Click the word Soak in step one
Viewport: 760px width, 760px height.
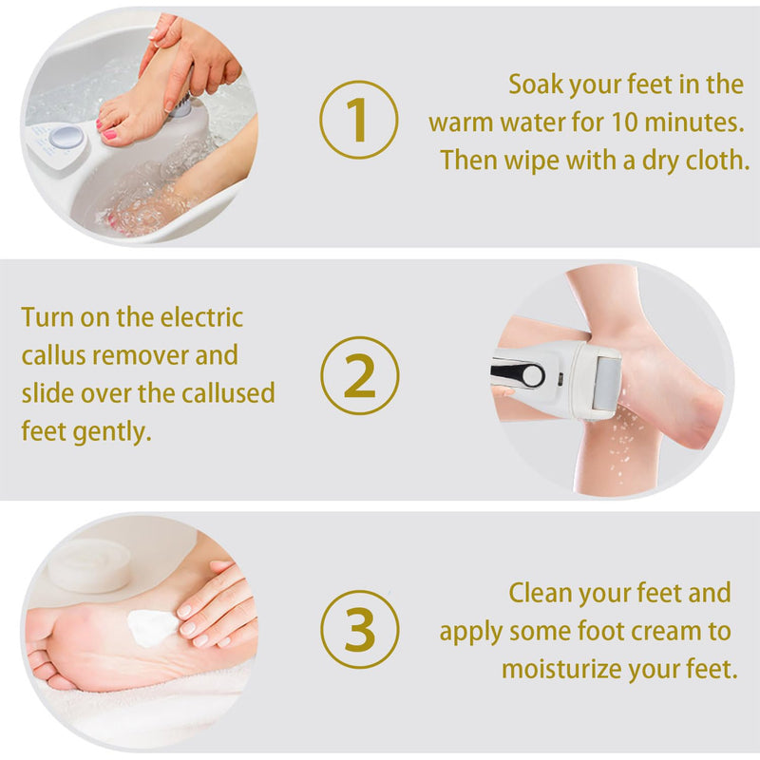[x=536, y=85]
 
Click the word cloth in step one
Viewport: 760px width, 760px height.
[x=717, y=161]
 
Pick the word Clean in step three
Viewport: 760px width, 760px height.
[x=540, y=593]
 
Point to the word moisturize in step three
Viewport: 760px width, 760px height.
[x=560, y=669]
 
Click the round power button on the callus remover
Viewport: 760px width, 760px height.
[x=533, y=375]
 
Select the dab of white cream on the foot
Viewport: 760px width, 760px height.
[x=152, y=626]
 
